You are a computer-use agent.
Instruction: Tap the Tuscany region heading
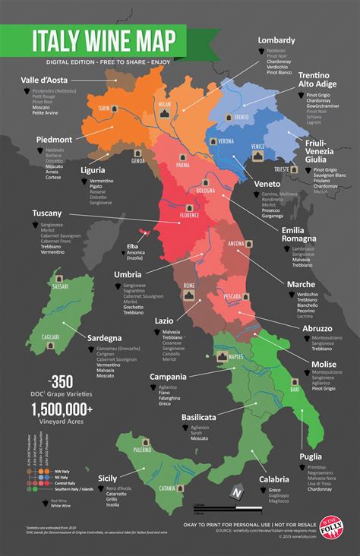pos(48,213)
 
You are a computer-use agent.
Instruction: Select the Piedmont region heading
pos(53,140)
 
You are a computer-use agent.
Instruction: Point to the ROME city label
pos(190,285)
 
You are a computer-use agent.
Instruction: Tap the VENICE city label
pos(258,146)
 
